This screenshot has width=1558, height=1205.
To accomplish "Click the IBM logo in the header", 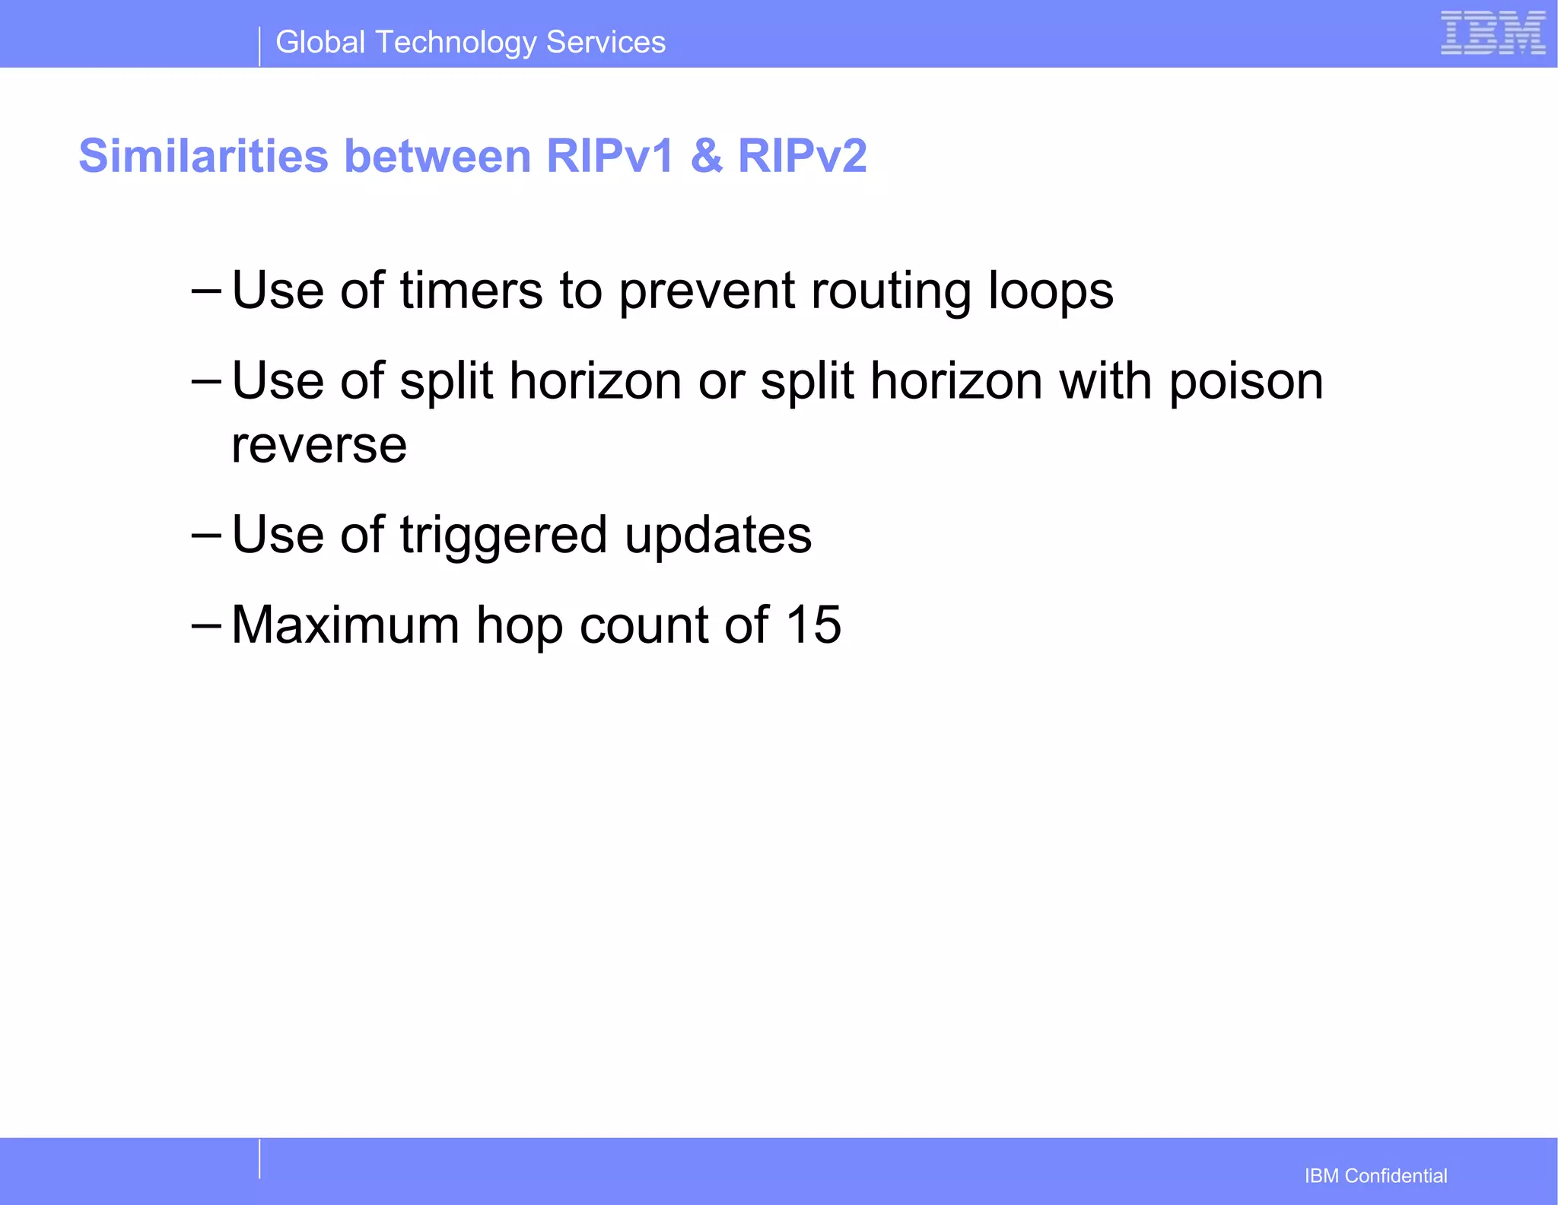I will point(1493,33).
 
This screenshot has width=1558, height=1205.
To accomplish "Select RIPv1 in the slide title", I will point(610,156).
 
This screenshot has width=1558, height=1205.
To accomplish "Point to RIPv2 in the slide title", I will point(802,156).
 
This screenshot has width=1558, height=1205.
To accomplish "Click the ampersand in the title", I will point(707,156).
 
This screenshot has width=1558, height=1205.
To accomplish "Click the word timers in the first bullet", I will point(471,291).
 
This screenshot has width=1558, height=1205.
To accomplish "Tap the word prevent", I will point(707,292).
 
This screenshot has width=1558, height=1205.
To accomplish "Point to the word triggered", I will point(503,536).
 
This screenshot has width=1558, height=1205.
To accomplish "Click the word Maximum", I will point(345,625).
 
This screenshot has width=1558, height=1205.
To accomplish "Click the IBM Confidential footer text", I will point(1375,1176).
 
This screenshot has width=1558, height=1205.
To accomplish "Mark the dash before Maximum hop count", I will point(206,626).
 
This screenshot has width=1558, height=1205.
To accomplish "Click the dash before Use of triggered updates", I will point(206,536).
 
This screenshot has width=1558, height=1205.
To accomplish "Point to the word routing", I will point(891,292).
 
